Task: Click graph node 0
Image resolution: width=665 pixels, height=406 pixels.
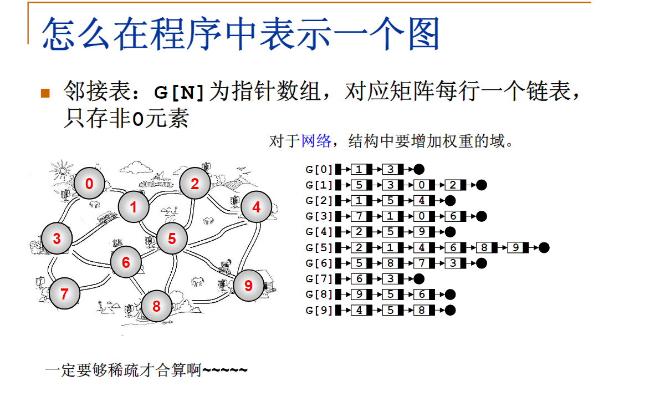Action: (x=89, y=184)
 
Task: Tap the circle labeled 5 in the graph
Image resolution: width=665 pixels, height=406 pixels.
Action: (x=172, y=238)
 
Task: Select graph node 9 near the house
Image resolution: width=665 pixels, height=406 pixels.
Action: (x=248, y=285)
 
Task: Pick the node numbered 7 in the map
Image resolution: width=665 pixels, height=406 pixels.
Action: (x=64, y=293)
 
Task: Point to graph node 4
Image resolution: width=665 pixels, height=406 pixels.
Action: (x=255, y=207)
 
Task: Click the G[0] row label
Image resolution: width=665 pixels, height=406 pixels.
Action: (x=319, y=170)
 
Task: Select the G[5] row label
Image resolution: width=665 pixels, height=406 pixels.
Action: (x=319, y=248)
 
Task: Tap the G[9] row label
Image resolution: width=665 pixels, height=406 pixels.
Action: (x=319, y=311)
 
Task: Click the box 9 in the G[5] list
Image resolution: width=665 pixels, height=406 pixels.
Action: (x=515, y=248)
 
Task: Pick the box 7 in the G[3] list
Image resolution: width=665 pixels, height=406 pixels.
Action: (x=359, y=216)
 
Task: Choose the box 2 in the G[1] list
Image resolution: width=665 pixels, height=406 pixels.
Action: (x=453, y=185)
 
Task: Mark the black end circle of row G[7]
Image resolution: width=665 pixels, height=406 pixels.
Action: (x=419, y=279)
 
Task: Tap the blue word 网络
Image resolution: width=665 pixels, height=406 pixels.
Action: (x=316, y=141)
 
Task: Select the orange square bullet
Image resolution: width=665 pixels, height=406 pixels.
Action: (x=45, y=93)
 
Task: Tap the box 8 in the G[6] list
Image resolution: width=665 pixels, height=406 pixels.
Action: (x=390, y=263)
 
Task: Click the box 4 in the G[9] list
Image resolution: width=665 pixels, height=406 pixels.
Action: (x=359, y=311)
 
